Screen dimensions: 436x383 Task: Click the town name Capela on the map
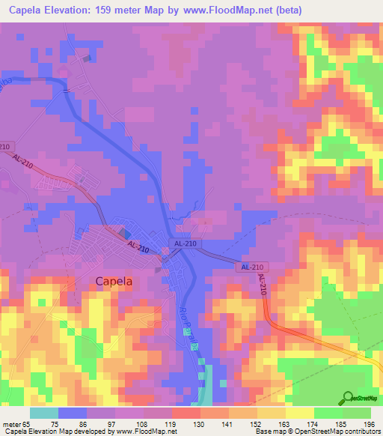(x=114, y=281)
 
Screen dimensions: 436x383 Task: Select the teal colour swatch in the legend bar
(x=44, y=412)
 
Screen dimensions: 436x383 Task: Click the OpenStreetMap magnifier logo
(x=349, y=398)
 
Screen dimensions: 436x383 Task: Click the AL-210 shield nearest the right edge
(x=251, y=267)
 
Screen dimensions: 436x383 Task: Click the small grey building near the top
(x=89, y=58)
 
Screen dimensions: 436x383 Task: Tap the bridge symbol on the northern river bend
(x=67, y=90)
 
